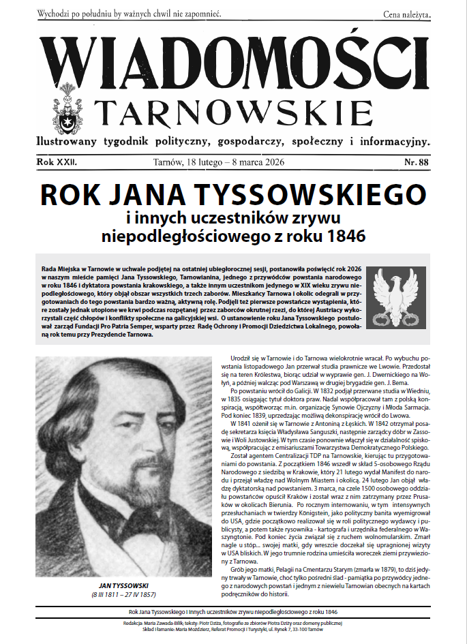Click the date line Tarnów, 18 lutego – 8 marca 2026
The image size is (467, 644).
tap(220, 162)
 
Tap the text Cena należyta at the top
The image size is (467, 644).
tap(407, 14)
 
